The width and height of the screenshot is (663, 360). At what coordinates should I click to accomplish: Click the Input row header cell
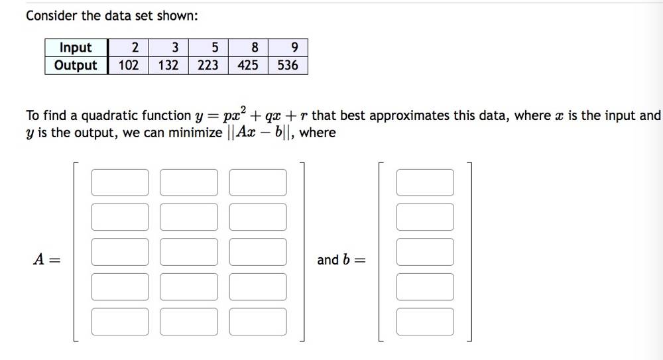76,48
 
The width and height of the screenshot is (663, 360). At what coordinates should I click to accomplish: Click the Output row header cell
76,65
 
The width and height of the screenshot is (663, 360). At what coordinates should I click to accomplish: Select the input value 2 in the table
135,48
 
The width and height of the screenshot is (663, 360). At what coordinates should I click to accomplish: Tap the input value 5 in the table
215,48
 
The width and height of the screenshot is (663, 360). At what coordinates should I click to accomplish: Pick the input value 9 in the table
294,48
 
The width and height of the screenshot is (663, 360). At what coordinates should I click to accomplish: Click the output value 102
128,65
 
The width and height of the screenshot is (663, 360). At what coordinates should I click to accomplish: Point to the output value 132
168,65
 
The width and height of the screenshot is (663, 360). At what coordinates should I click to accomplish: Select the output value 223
208,65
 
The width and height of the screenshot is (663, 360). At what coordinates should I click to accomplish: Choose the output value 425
248,65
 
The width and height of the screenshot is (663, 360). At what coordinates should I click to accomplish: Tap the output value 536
288,65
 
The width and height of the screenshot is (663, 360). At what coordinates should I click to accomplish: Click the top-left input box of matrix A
120,182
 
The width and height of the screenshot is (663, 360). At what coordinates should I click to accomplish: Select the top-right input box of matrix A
258,182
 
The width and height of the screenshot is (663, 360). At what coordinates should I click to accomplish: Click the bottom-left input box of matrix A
120,322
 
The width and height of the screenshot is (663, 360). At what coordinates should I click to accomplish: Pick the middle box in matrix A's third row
189,252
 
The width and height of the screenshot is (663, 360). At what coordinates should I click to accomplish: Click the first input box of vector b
425,182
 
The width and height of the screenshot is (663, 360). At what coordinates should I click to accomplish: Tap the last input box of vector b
425,322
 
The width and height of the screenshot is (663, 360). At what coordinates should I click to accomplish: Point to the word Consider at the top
52,15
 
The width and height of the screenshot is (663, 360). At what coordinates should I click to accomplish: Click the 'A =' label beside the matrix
46,260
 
